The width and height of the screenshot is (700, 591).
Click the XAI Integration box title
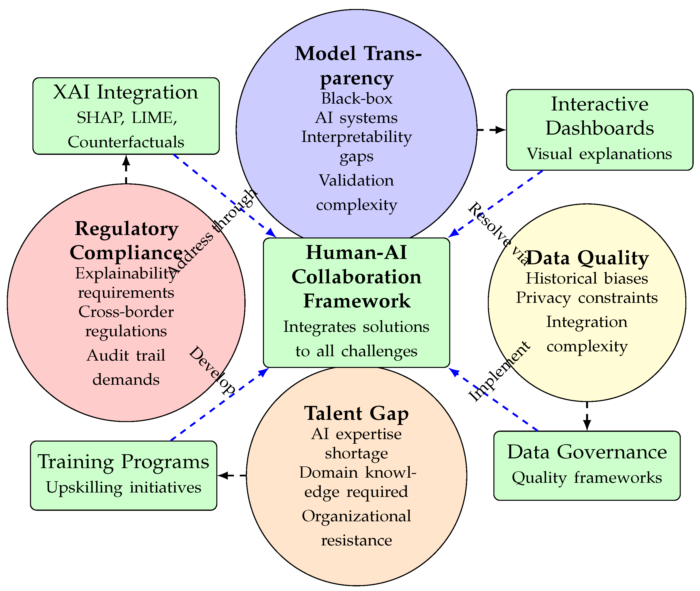[x=126, y=92]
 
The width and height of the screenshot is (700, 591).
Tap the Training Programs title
[x=123, y=462]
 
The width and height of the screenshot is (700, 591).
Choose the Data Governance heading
[x=587, y=452]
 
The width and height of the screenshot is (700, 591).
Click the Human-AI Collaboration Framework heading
[x=356, y=277]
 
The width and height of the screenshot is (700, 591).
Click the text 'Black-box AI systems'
[x=356, y=108]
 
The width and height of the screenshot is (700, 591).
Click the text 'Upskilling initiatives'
[x=123, y=487]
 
